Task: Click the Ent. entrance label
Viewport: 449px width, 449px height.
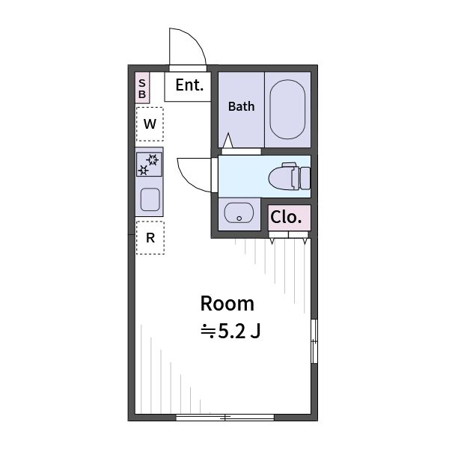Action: coord(189,85)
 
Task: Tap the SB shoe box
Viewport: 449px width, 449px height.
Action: coord(142,88)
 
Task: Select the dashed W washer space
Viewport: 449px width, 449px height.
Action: coord(150,124)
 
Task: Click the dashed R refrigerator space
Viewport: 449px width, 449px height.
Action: coord(150,238)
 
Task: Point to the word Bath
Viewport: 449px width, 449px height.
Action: coord(241,106)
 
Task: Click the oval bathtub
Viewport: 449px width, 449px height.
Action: coord(287,109)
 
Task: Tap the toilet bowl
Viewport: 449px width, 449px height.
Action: coord(281,177)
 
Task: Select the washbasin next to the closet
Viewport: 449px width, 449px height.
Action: coord(239,213)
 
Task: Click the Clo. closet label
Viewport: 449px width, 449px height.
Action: coord(286,217)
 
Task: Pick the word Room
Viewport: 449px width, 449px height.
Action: coord(227,304)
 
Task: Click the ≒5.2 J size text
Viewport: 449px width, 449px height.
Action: coord(230,332)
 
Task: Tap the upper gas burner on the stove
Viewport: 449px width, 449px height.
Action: coord(153,160)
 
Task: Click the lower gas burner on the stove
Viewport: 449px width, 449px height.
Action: coord(143,170)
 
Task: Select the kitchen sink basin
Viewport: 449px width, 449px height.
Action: coord(150,199)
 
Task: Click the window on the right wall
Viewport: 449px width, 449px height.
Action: coord(314,341)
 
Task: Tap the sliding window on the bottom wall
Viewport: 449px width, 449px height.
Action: coord(225,418)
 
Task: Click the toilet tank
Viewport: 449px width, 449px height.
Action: coord(305,178)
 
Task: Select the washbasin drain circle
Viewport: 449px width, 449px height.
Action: coord(239,219)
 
